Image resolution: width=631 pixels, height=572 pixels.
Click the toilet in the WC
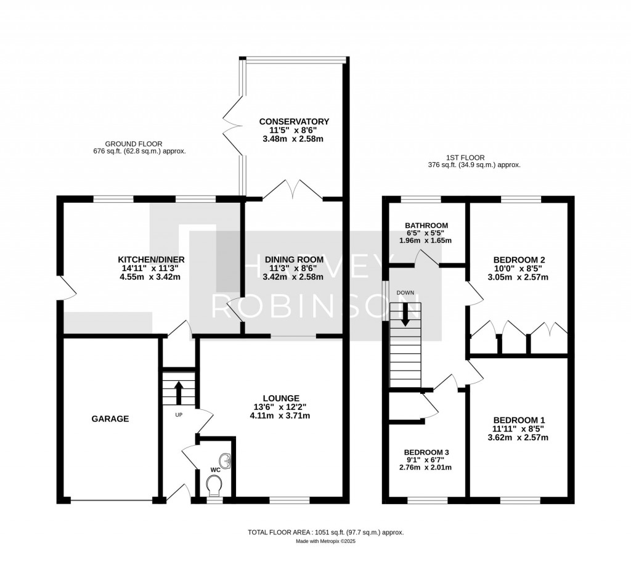point(214,488)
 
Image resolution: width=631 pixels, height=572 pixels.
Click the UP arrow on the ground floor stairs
point(179,391)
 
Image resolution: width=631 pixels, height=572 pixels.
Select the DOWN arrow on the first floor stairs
point(405,315)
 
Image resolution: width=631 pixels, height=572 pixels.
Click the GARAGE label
point(110,419)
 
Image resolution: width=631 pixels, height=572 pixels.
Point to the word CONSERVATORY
point(294,121)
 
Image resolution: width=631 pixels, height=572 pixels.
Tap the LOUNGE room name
point(282,398)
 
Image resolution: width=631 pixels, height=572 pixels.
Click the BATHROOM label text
point(426,226)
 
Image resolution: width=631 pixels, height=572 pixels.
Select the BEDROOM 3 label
point(426,450)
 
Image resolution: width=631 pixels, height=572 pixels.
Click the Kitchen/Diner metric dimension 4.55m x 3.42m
point(152,277)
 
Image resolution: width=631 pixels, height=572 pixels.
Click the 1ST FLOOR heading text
point(474,157)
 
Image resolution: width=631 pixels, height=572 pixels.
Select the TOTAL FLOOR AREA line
point(326,532)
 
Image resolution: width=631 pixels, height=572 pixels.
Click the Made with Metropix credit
point(326,541)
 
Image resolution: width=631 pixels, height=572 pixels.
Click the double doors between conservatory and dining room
point(295,189)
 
